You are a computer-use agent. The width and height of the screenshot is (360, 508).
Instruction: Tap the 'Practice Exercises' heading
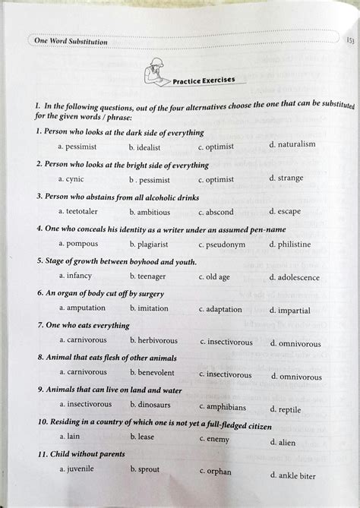pos(204,80)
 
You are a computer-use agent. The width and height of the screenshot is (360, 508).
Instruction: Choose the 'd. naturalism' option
pos(292,144)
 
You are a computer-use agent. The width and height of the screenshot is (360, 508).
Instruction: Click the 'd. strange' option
pos(286,178)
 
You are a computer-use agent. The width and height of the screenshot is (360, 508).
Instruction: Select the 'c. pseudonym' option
pos(222,245)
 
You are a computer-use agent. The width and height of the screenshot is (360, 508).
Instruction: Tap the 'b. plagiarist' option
pos(149,245)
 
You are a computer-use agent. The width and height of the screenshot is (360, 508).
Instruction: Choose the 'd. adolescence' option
pos(295,278)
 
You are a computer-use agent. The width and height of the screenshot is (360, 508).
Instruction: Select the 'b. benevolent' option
pos(152,373)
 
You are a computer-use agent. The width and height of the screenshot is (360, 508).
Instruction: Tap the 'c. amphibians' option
pos(223,407)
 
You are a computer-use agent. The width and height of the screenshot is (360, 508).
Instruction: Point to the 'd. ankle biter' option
pos(292,476)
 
